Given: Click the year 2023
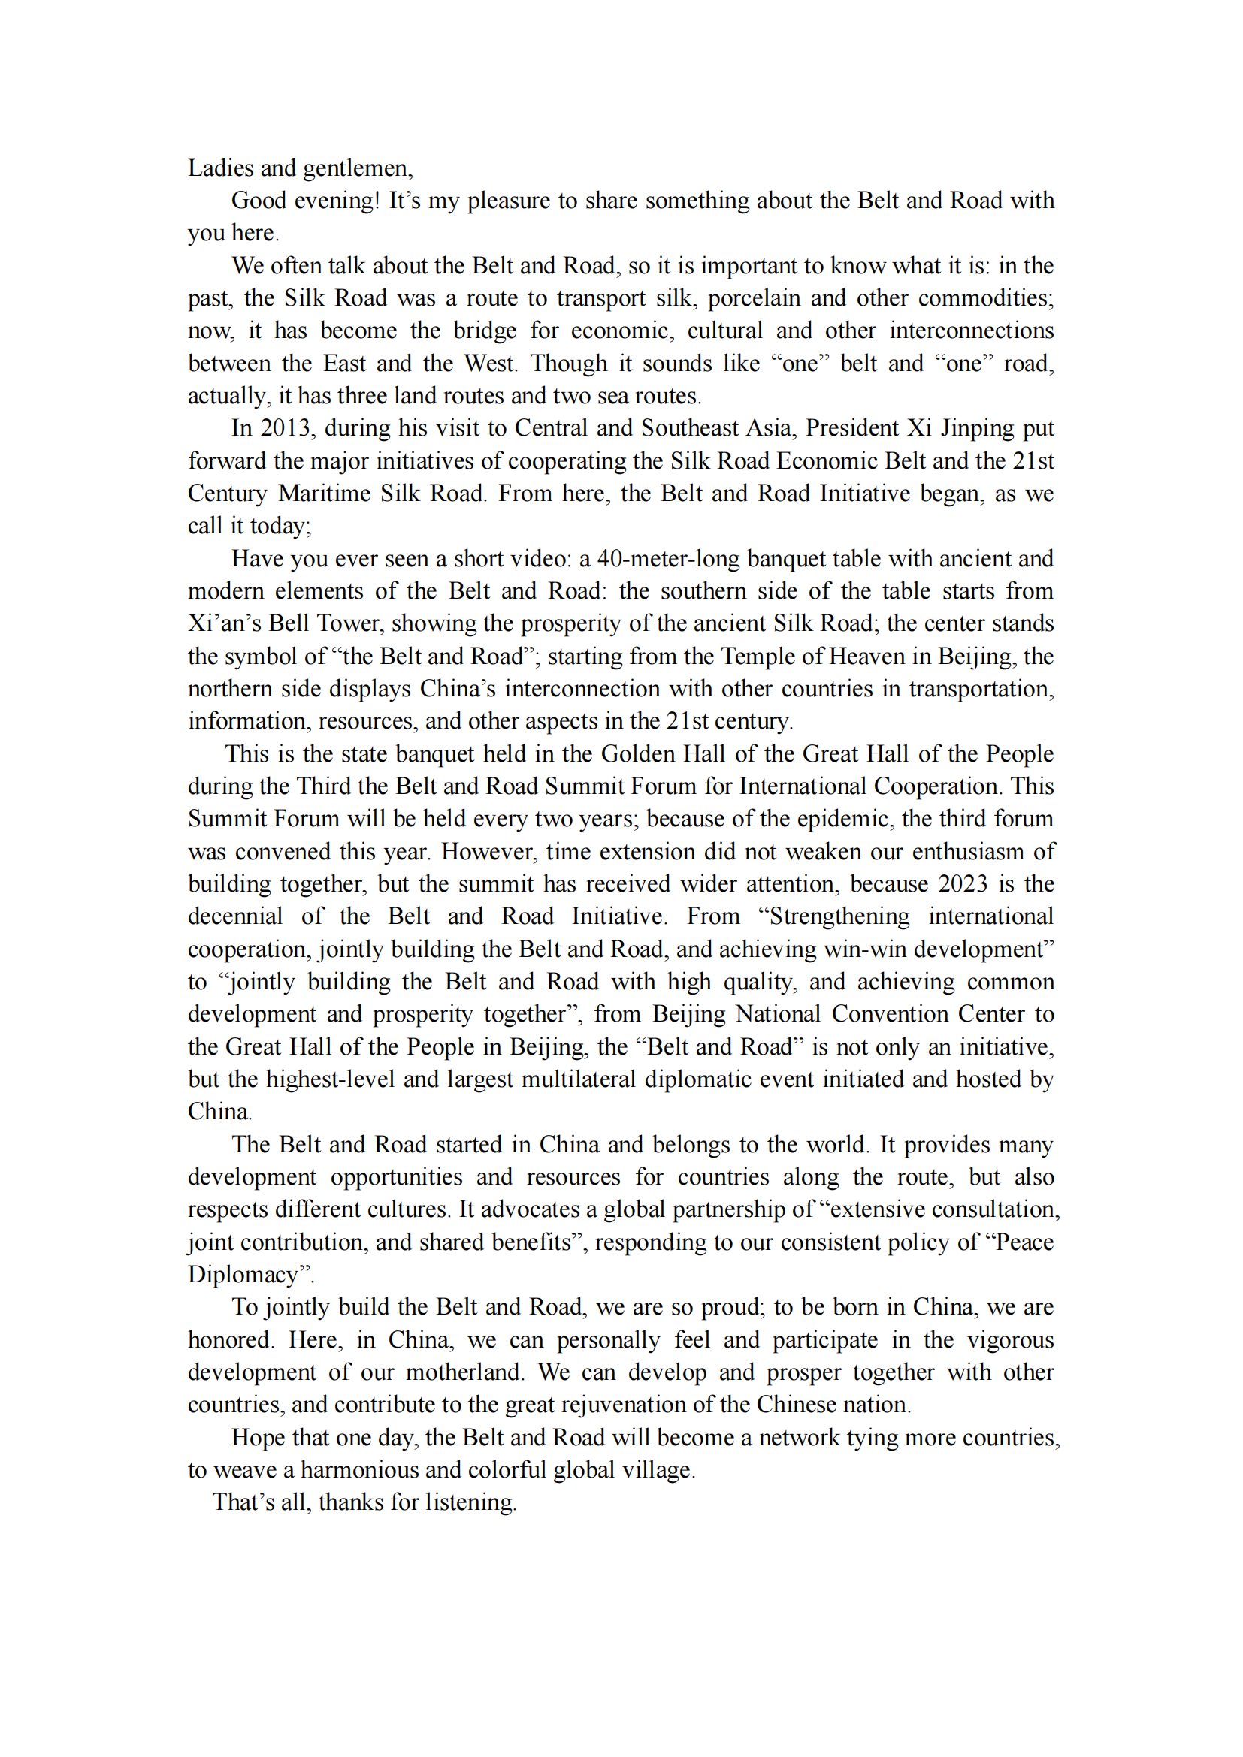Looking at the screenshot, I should point(962,884).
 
